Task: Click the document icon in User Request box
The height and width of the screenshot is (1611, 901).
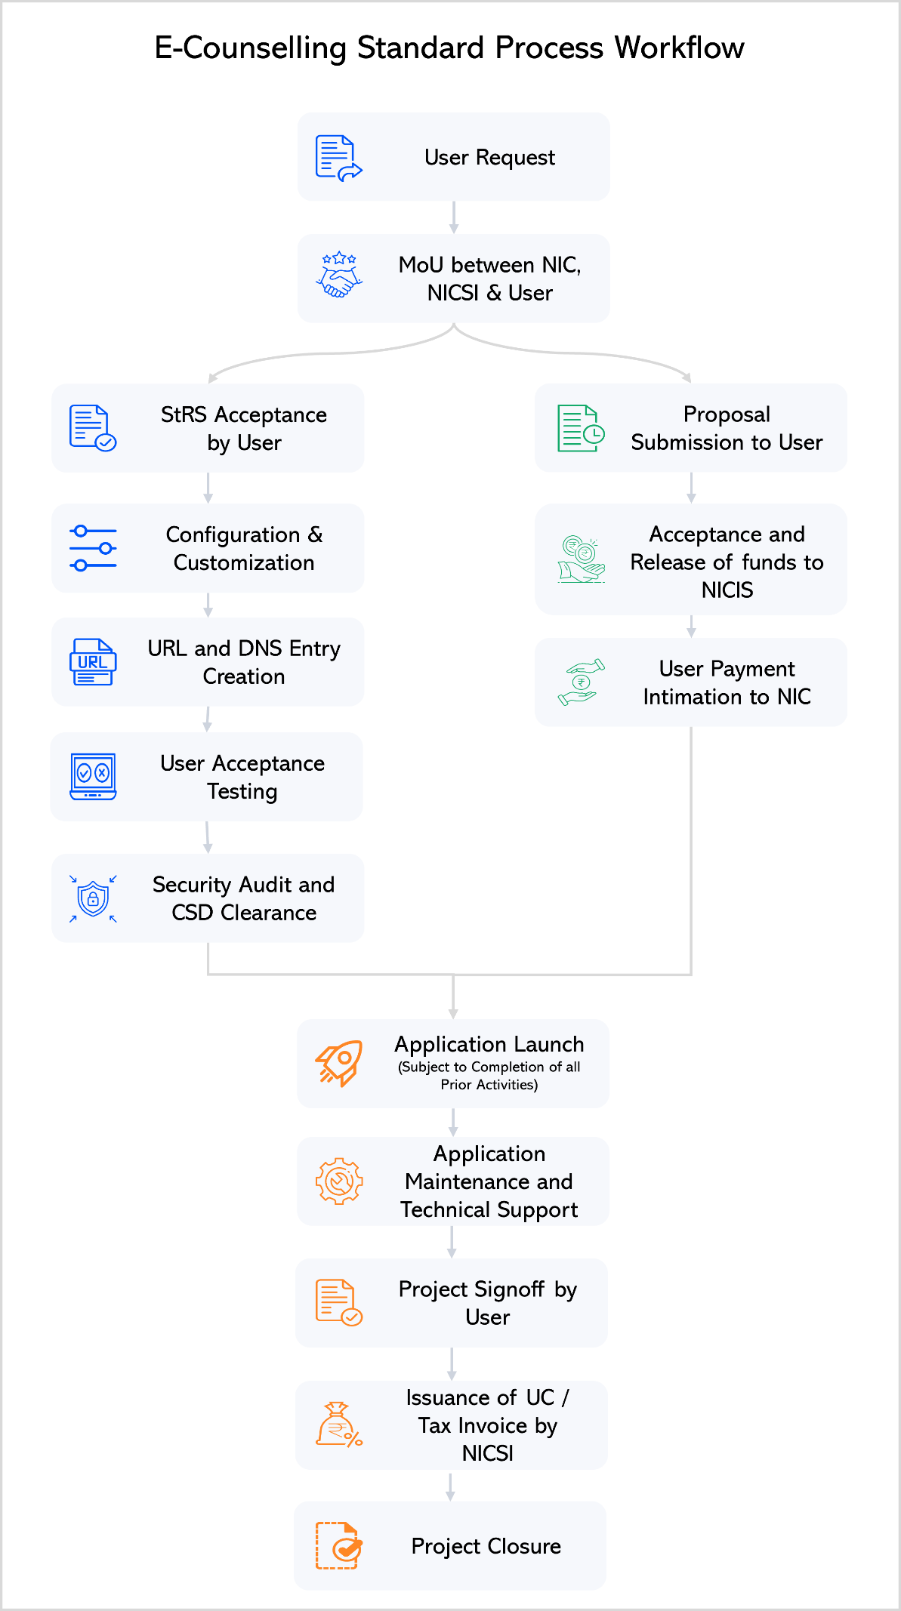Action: click(338, 158)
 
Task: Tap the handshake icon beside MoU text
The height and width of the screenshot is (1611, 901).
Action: click(338, 276)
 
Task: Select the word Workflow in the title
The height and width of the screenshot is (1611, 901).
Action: click(679, 48)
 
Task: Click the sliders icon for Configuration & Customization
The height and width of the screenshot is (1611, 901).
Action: click(93, 549)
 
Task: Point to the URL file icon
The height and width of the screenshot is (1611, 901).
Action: click(93, 662)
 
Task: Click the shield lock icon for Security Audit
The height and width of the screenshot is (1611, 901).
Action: click(93, 898)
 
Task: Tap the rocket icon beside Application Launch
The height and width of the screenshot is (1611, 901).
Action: click(338, 1064)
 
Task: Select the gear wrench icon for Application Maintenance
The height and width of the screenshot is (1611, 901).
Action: click(338, 1181)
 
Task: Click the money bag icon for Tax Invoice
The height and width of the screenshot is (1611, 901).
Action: click(338, 1425)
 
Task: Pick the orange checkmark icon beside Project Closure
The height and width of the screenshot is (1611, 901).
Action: click(338, 1546)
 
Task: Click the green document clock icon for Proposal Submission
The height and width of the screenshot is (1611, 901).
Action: click(580, 429)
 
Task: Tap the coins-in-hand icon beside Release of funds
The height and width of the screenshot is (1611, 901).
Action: click(581, 559)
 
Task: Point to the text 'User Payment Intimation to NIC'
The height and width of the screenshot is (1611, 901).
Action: click(727, 682)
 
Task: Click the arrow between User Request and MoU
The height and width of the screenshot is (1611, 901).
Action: click(453, 217)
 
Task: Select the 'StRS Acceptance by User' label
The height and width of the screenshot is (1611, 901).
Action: click(244, 429)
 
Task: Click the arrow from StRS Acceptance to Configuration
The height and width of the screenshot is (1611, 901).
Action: click(208, 488)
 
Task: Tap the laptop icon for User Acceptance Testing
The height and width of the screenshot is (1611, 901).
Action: click(93, 777)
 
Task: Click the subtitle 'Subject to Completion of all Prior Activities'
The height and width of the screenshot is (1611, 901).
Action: click(489, 1076)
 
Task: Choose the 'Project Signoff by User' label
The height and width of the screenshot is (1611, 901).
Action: click(488, 1303)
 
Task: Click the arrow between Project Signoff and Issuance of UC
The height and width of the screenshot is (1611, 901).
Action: click(452, 1364)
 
